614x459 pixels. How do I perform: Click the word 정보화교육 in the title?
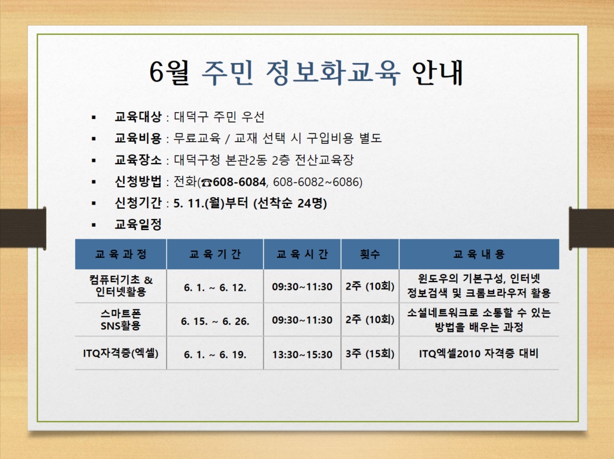point(333,73)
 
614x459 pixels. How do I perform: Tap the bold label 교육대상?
point(138,116)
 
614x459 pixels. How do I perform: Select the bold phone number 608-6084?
point(239,182)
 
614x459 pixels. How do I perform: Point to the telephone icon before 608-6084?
point(206,183)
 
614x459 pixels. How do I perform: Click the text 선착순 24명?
point(290,203)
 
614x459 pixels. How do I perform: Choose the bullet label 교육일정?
point(138,224)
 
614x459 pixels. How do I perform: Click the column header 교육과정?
point(121,254)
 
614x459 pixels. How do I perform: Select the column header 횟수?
point(369,254)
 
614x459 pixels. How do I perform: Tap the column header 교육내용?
point(479,254)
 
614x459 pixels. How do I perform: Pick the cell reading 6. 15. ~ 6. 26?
point(215,321)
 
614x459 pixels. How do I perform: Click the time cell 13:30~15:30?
point(302,354)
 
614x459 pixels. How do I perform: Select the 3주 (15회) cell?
point(369,354)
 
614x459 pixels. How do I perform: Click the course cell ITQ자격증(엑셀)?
point(121,353)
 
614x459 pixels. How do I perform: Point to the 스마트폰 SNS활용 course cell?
point(121,319)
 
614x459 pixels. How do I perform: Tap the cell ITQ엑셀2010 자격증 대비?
point(479,354)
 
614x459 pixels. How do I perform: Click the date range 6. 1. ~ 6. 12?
point(215,288)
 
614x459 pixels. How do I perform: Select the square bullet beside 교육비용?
point(94,139)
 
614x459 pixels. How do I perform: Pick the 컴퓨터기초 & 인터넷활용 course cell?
point(121,286)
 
